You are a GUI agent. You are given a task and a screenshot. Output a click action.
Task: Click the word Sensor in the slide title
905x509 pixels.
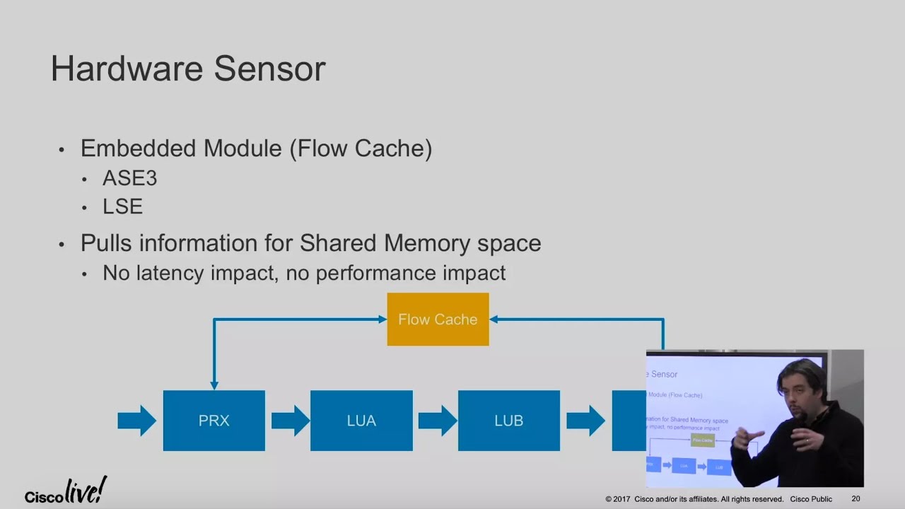tap(269, 69)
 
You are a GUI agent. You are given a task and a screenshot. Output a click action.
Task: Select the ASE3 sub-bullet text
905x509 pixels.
tap(129, 178)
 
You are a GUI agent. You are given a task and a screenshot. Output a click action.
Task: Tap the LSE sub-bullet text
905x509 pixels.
tap(122, 206)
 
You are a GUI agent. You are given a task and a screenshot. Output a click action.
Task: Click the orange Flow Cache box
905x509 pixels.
tap(438, 320)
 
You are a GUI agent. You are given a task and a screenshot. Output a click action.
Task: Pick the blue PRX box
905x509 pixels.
tap(214, 421)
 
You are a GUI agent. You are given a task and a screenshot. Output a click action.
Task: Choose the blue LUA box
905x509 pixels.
tap(361, 421)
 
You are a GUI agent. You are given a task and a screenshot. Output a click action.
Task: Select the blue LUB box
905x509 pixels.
tap(508, 421)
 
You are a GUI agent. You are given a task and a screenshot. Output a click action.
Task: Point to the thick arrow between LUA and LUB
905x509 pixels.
tap(437, 421)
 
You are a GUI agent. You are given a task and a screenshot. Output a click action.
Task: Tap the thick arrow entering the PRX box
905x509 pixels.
tap(136, 421)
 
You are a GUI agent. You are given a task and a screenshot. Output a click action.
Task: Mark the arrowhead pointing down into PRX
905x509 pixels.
tap(214, 385)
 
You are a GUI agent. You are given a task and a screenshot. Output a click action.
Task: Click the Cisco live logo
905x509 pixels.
tap(66, 491)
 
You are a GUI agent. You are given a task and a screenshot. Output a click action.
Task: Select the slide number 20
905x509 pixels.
tap(856, 499)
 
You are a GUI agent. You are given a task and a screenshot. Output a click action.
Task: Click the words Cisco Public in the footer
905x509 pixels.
tap(811, 499)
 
